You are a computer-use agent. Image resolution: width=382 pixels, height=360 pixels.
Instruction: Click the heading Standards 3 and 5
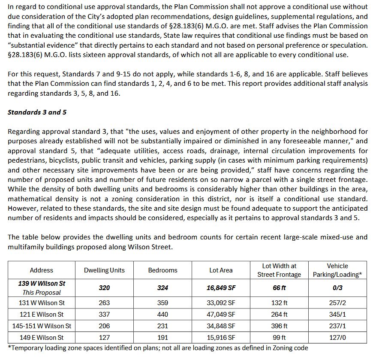point(37,112)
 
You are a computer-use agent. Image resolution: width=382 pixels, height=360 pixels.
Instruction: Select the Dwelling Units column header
point(104,270)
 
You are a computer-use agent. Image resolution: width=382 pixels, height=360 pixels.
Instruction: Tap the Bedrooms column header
point(162,270)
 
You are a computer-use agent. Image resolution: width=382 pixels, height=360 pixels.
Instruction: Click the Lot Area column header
point(221,270)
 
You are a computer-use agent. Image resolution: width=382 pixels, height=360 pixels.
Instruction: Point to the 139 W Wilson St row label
point(42,284)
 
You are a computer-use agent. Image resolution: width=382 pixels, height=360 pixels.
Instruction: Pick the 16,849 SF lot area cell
point(221,288)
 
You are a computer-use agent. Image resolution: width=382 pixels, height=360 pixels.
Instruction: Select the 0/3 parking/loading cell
point(337,288)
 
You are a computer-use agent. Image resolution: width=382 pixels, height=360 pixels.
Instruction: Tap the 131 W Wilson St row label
point(42,303)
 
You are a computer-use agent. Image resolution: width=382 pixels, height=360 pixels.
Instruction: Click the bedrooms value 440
point(162,315)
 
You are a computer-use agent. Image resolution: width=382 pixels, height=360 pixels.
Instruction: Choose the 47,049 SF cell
point(221,315)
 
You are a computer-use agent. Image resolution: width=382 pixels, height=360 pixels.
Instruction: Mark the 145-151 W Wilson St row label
point(42,326)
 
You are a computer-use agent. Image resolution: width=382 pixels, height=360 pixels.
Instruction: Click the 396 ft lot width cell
point(279,326)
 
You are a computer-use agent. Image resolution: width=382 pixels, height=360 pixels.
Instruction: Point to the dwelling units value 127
point(104,338)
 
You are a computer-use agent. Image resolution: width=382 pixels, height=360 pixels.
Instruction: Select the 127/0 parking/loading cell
point(337,338)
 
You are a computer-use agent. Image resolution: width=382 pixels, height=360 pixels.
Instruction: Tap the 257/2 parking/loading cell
point(337,303)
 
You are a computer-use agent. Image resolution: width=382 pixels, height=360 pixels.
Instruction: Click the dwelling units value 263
point(104,303)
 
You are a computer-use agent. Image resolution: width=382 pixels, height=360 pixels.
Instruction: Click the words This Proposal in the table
point(42,293)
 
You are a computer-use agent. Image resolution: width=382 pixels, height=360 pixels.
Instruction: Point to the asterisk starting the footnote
point(9,347)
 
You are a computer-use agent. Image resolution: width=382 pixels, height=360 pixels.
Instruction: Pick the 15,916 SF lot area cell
point(221,338)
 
